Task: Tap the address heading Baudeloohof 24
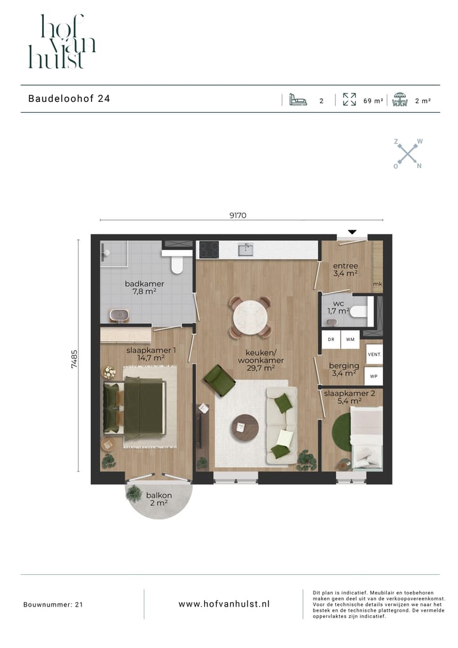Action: point(69,99)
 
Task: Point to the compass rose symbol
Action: point(407,153)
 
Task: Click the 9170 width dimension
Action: point(237,216)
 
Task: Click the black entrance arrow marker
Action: point(352,232)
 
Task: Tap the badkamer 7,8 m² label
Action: point(144,288)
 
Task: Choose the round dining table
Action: point(250,316)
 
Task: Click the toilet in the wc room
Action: point(359,312)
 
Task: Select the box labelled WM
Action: point(350,340)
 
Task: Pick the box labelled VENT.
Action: point(374,354)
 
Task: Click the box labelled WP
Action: point(374,376)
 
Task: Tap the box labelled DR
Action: point(331,340)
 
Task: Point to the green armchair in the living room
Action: point(218,381)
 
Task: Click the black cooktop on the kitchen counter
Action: point(209,250)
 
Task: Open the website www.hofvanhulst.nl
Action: point(223,603)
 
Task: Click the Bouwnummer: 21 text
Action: point(53,604)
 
